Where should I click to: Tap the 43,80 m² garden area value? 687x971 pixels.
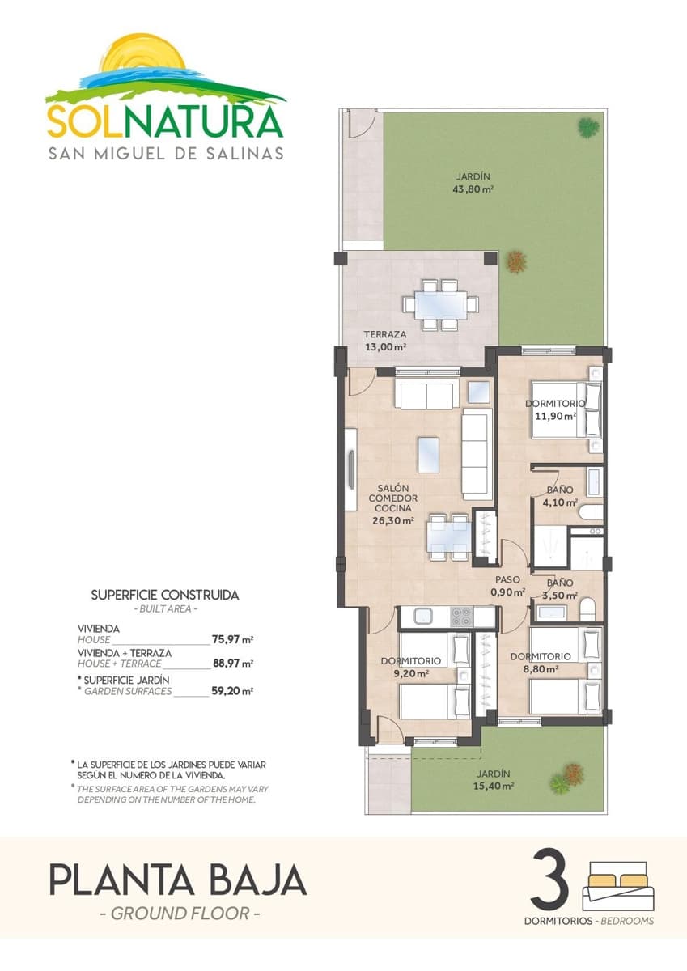coord(473,190)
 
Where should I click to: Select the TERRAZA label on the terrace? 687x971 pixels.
coord(384,334)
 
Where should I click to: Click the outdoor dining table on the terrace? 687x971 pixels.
coord(441,305)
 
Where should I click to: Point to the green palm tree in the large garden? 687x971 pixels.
coord(588,126)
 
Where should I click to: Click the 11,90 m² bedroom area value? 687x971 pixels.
coord(555,417)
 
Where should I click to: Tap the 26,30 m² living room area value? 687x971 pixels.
coord(392,521)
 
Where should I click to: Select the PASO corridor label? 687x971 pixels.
coord(509,579)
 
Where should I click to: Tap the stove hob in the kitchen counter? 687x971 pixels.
coord(462,616)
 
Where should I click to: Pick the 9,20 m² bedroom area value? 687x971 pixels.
coord(410,672)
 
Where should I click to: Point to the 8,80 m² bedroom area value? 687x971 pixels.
coord(541,669)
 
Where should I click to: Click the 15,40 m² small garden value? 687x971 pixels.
coord(494,785)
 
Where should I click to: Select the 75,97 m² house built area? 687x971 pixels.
coord(232,639)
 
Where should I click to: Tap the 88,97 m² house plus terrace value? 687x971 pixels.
coord(232,664)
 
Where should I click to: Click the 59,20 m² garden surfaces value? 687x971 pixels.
coord(232,692)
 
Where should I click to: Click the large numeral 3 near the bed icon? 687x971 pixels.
coord(549,881)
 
